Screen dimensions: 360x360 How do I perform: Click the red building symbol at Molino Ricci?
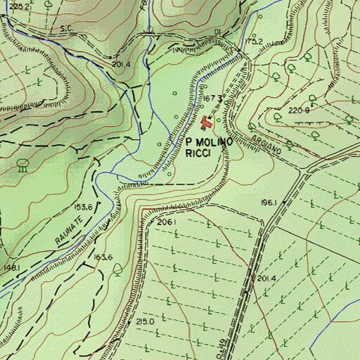[206, 124]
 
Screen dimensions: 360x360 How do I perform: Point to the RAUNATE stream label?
[69, 231]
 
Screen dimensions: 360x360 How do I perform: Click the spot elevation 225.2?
[21, 6]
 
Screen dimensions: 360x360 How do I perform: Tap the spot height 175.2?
[254, 41]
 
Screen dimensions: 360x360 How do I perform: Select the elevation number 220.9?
[298, 110]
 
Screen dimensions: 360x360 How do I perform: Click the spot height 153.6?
[84, 207]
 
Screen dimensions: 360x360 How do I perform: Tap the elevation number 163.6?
[103, 257]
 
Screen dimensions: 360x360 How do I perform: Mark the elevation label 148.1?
[11, 268]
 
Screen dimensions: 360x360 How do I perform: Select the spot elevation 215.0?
[145, 321]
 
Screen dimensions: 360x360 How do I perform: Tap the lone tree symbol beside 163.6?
[117, 268]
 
